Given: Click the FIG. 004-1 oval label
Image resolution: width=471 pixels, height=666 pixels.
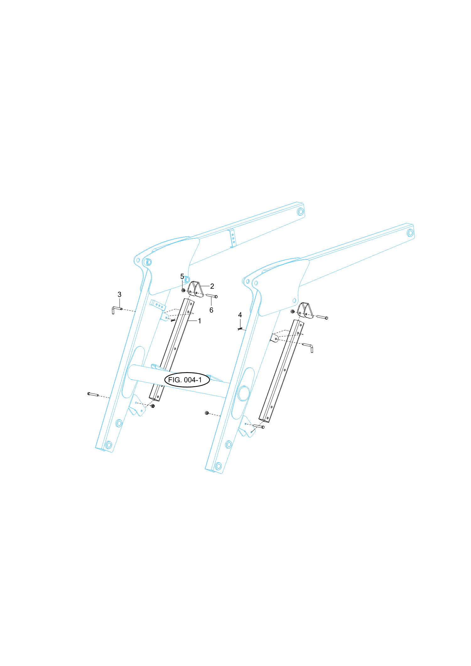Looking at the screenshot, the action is click(x=187, y=380).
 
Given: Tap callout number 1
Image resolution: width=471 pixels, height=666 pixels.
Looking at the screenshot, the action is click(x=199, y=321).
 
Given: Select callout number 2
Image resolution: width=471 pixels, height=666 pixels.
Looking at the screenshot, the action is click(x=212, y=286).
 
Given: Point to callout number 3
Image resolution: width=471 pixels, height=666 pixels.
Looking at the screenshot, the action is click(x=119, y=295).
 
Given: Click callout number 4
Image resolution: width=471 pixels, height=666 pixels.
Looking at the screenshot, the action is click(x=240, y=315).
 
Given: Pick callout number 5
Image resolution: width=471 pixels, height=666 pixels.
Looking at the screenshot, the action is click(x=182, y=276).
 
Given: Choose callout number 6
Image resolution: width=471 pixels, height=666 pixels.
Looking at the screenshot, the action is click(x=211, y=310).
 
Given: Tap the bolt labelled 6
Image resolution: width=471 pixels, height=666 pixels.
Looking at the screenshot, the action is click(x=212, y=296).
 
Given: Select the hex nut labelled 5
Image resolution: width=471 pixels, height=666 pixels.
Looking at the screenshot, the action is click(x=183, y=290).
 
